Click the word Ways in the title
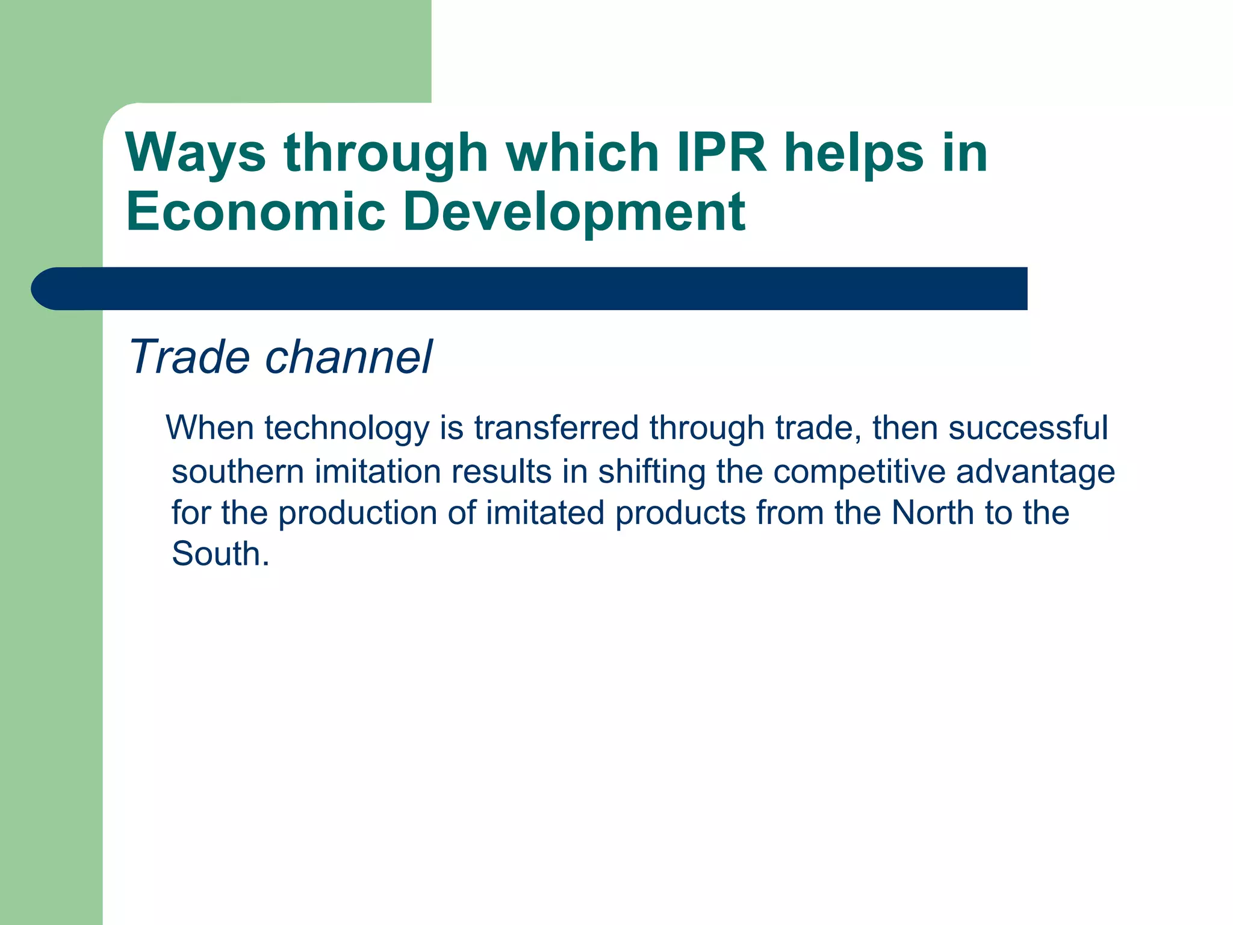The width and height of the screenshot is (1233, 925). pyautogui.click(x=195, y=154)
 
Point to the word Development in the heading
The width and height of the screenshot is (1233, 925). pyautogui.click(x=574, y=213)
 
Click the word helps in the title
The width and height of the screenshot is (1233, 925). pyautogui.click(x=853, y=154)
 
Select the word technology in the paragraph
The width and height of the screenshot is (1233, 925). pyautogui.click(x=346, y=429)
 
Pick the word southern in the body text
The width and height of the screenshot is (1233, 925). pyautogui.click(x=237, y=471)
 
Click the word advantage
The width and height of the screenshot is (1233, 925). pyautogui.click(x=1035, y=472)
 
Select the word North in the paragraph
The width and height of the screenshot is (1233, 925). pyautogui.click(x=933, y=512)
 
